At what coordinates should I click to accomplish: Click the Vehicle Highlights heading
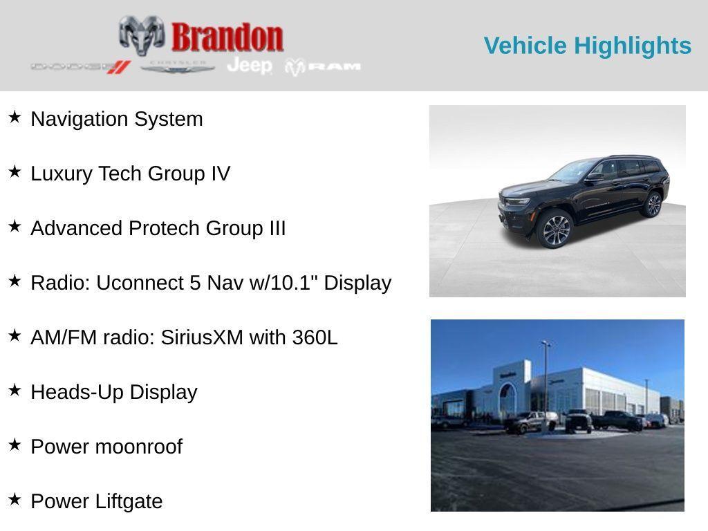pyautogui.click(x=587, y=46)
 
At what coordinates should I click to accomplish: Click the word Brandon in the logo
pyautogui.click(x=227, y=37)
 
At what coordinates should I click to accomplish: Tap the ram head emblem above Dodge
pyautogui.click(x=141, y=35)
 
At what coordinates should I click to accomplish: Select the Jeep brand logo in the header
pyautogui.click(x=249, y=66)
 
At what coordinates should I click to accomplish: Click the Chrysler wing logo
pyautogui.click(x=178, y=67)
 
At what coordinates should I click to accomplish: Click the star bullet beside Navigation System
pyautogui.click(x=15, y=117)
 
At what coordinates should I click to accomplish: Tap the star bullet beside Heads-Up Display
pyautogui.click(x=15, y=390)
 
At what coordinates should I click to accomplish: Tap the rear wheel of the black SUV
pyautogui.click(x=652, y=205)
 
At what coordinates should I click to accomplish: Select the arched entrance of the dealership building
pyautogui.click(x=508, y=400)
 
